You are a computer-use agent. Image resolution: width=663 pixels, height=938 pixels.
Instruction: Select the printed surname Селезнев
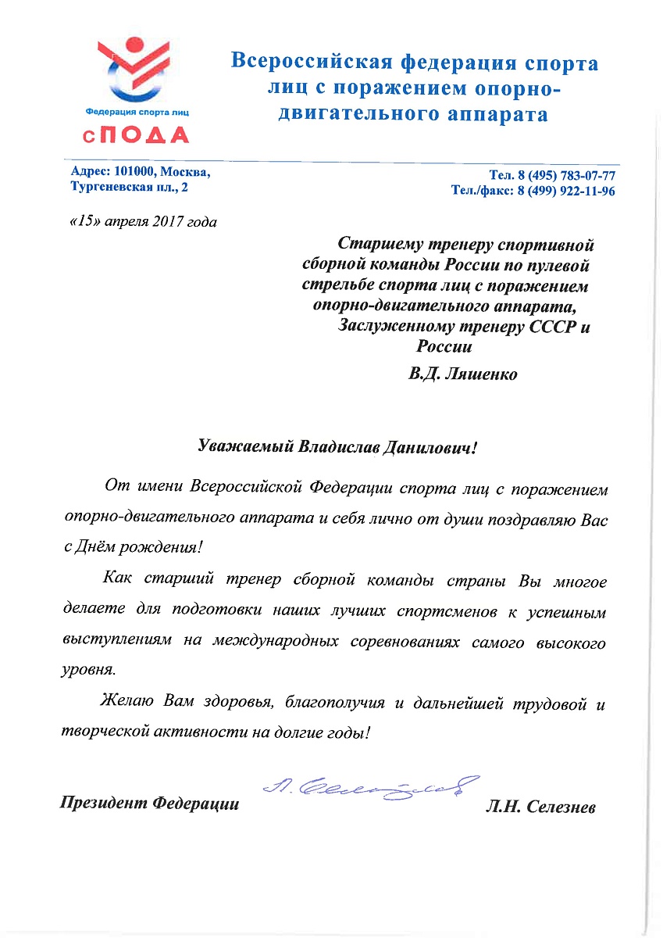pos(559,807)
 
